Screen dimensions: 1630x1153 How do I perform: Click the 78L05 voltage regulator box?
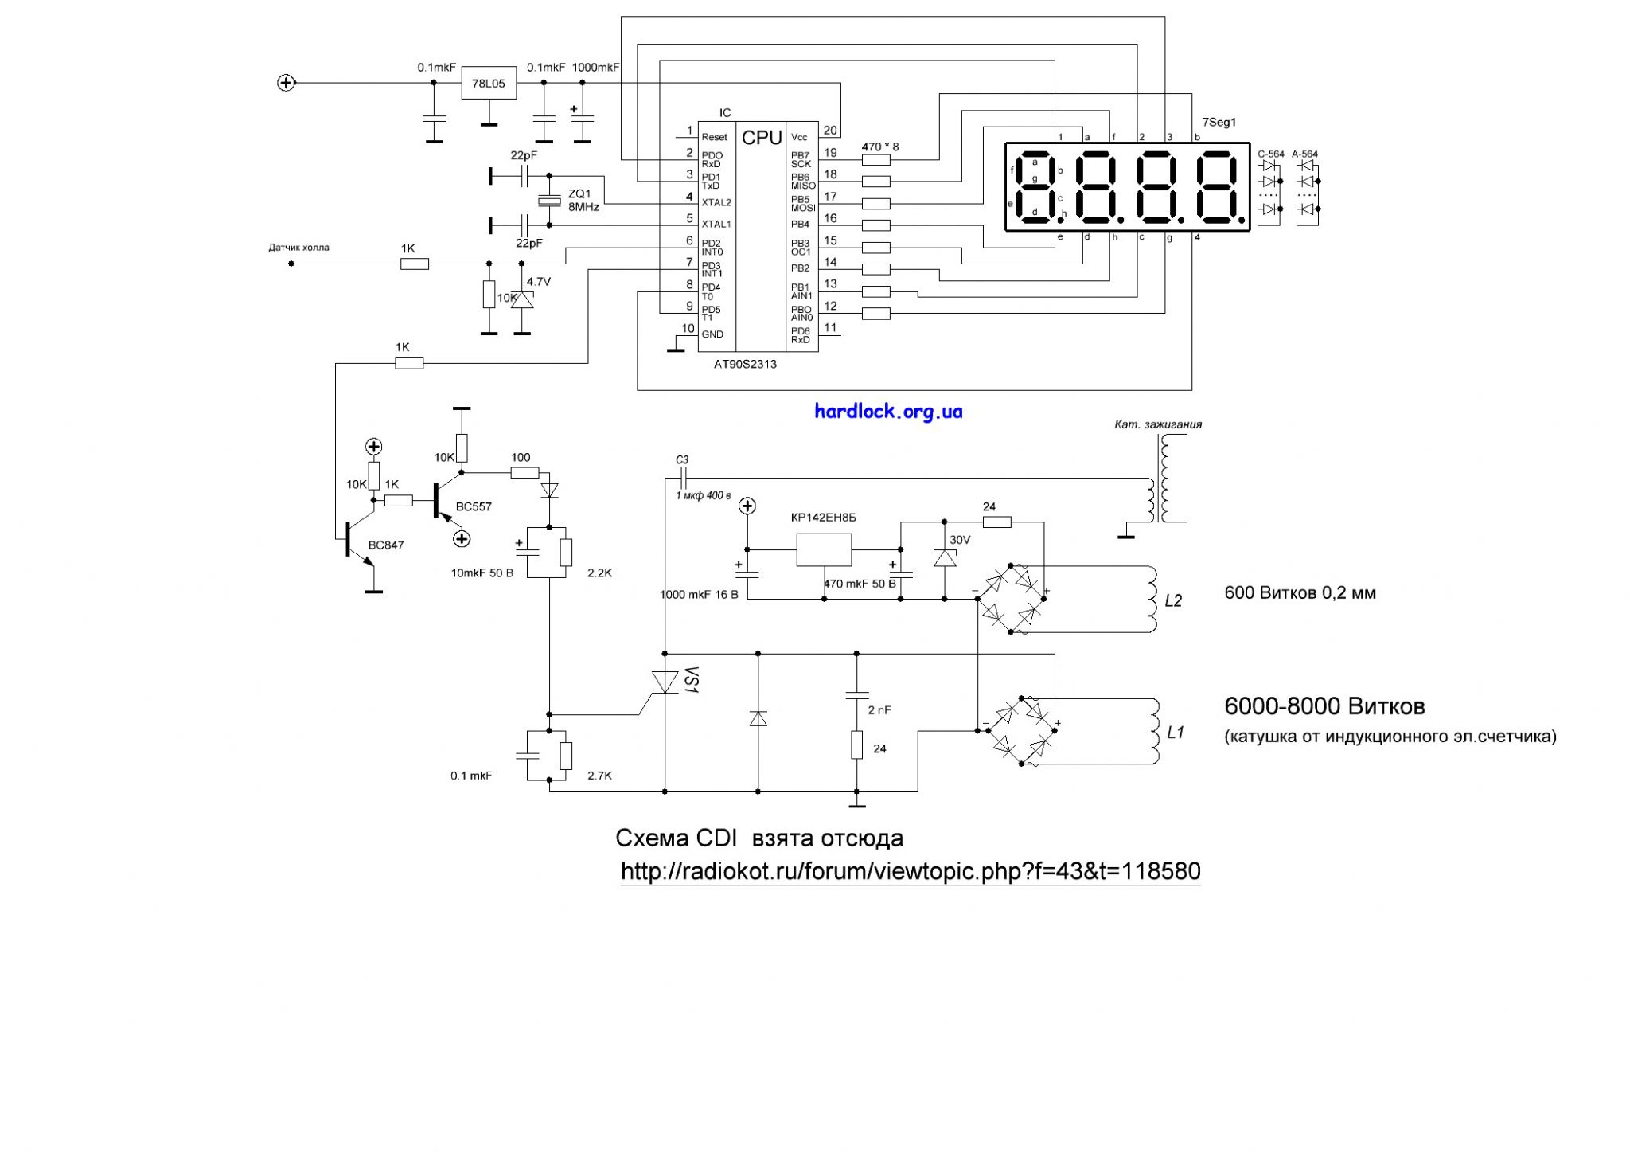(x=489, y=83)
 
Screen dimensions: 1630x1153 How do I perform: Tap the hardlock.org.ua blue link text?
(x=888, y=412)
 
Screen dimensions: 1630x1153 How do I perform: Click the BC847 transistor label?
(x=385, y=545)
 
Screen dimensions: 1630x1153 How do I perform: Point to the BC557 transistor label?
(x=474, y=506)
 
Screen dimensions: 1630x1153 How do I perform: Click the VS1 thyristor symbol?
(x=665, y=682)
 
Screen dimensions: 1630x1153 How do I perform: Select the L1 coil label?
(x=1176, y=732)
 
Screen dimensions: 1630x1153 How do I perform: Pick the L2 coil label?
(x=1173, y=600)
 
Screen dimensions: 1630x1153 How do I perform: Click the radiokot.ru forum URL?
(x=911, y=871)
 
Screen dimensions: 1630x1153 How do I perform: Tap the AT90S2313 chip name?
(x=745, y=364)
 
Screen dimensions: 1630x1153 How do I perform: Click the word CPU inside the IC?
(x=762, y=138)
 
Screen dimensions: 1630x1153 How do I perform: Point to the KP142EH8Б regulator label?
(x=824, y=518)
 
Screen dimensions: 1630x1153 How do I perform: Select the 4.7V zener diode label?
(x=539, y=282)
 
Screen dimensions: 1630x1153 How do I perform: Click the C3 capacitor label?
(x=681, y=460)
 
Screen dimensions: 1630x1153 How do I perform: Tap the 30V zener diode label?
(x=960, y=540)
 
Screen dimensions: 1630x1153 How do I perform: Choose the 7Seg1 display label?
(x=1219, y=123)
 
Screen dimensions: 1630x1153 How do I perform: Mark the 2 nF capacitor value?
(x=879, y=710)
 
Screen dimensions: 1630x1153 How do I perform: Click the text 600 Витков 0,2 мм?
(x=1300, y=593)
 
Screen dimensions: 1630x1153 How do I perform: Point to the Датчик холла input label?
(x=298, y=248)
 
